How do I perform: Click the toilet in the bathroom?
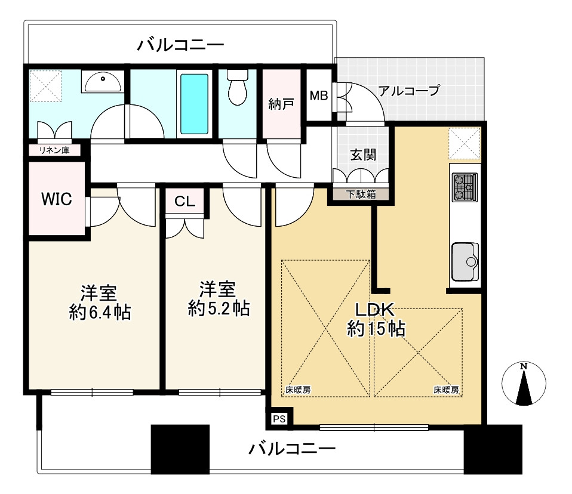point(238,87)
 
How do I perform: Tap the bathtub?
point(195,104)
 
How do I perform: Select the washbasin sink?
point(103,81)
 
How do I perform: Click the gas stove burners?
point(465,187)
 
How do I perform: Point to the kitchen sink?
point(465,261)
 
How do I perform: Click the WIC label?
point(57,199)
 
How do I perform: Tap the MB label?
point(319,95)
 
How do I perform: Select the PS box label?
point(279,419)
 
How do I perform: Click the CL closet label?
point(185,201)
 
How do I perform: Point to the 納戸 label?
point(281,104)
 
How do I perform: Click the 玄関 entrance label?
point(363,155)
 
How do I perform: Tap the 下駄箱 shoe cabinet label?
point(361,194)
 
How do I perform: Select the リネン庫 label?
point(54,150)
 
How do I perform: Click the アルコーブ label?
point(410,90)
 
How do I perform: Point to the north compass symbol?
point(524,384)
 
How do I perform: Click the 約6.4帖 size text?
point(100,313)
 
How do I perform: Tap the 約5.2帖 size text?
point(219,308)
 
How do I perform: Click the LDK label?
point(375,310)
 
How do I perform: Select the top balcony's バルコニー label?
point(180,45)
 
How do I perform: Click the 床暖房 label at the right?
point(446,390)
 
